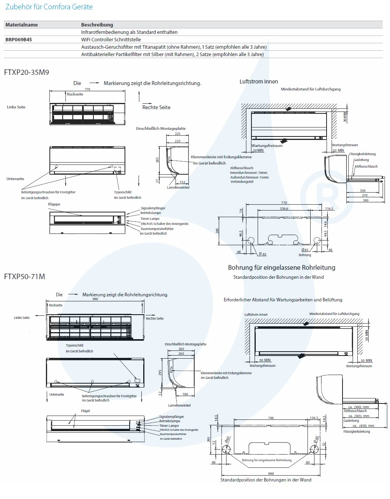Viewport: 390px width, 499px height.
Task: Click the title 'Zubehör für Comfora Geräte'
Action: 49,7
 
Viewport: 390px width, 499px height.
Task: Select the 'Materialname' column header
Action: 21,25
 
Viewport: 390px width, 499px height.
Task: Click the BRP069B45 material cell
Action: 19,39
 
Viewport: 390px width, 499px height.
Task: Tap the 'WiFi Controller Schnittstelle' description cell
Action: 111,39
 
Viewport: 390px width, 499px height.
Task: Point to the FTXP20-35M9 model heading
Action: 26,72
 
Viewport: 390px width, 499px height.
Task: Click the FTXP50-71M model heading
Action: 25,276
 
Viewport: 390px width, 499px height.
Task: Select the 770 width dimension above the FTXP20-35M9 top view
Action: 87,89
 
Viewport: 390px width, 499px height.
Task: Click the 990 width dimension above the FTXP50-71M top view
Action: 95,299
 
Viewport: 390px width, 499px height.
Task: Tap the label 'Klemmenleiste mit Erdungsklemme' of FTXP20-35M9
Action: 221,157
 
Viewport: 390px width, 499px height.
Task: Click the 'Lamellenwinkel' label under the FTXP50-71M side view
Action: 179,405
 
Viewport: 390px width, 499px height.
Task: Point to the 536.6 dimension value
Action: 284,209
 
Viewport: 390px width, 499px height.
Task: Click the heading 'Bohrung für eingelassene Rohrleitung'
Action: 281,267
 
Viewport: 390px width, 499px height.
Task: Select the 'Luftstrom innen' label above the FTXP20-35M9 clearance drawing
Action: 259,81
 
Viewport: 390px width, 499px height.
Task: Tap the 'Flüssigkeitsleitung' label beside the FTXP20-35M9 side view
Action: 362,154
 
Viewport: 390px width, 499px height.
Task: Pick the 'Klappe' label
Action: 54,204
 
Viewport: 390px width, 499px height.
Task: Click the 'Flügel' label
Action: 85,411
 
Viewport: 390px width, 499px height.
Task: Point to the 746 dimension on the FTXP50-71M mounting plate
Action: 271,418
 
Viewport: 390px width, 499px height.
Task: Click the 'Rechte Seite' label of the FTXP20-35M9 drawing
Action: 156,107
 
